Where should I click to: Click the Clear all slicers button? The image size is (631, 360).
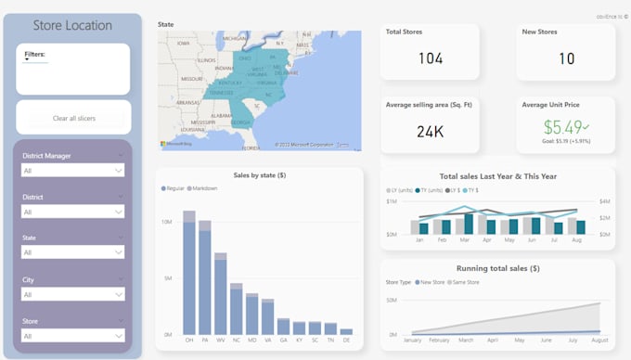tap(73, 118)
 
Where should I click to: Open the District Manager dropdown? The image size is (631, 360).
tap(73, 171)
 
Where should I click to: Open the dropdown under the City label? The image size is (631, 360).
tap(73, 294)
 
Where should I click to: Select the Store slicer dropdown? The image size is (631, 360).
tap(73, 335)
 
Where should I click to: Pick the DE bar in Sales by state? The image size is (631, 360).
tap(346, 331)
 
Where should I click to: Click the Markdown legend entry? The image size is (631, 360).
tap(206, 188)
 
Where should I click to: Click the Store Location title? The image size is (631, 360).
tap(72, 26)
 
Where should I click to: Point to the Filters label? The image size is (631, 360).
tap(35, 55)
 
